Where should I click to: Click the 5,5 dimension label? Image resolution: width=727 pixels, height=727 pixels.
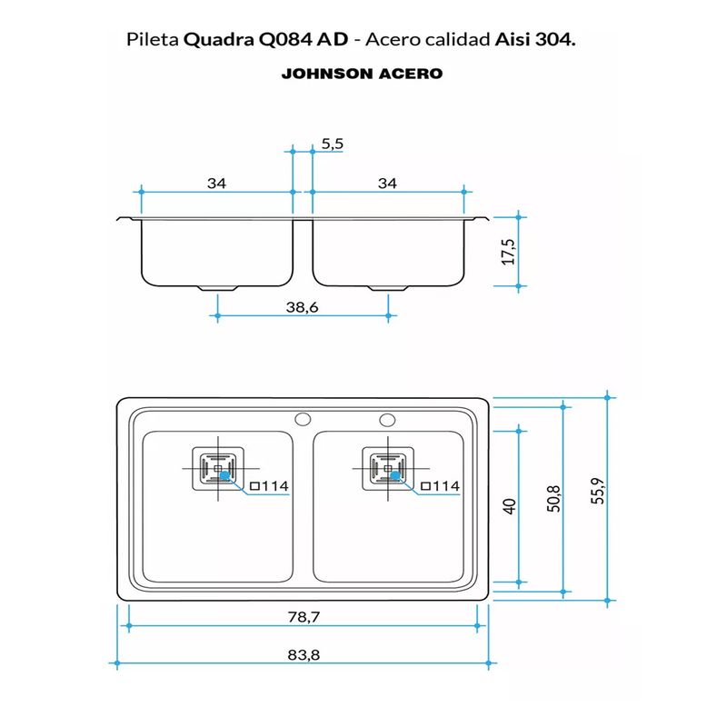pyautogui.click(x=333, y=144)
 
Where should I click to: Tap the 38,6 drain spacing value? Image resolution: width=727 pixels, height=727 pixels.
pyautogui.click(x=302, y=308)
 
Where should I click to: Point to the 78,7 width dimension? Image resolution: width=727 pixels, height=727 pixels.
pyautogui.click(x=302, y=617)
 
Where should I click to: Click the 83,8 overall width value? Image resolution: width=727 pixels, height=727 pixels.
pyautogui.click(x=302, y=653)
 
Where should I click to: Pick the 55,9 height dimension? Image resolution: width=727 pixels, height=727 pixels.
pyautogui.click(x=597, y=495)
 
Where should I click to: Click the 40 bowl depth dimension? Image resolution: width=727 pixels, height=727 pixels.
pyautogui.click(x=510, y=505)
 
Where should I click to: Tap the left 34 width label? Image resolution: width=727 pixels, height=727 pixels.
pyautogui.click(x=215, y=183)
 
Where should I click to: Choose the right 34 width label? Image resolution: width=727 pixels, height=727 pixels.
pyautogui.click(x=387, y=183)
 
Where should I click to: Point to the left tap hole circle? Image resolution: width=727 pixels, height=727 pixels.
pyautogui.click(x=303, y=420)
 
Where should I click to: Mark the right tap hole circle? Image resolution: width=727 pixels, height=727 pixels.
pyautogui.click(x=388, y=420)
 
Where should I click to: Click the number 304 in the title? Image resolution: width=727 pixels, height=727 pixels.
pyautogui.click(x=555, y=40)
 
